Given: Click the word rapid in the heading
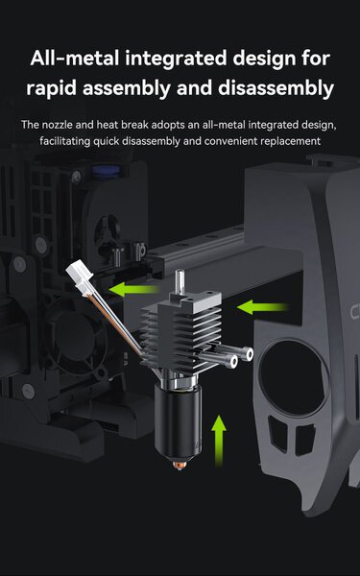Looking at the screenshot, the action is point(51,88).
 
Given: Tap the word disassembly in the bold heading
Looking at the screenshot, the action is point(276,88).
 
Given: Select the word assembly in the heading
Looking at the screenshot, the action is point(127,88).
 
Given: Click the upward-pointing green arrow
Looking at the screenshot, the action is point(219,441).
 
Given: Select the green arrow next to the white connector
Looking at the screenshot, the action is point(134,289).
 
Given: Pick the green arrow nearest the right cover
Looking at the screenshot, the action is point(262,307).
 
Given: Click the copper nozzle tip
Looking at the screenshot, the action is point(179,465).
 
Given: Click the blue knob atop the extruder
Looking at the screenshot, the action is point(107,171).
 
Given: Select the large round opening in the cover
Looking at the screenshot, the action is point(293,377).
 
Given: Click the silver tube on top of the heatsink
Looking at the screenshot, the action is point(180,281).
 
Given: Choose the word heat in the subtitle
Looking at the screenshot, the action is point(108,125).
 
